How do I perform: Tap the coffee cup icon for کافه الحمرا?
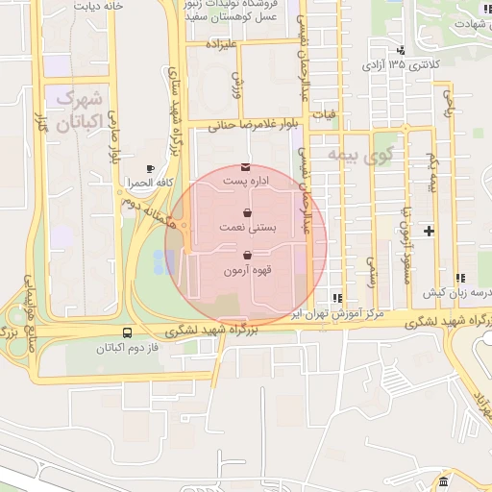point(149,168)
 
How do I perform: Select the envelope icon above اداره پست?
point(246,167)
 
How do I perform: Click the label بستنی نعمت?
point(248,228)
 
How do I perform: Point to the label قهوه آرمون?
point(249,271)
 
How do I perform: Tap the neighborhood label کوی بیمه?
point(359,153)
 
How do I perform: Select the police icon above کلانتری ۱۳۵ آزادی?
point(401,50)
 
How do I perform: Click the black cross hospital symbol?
point(429,230)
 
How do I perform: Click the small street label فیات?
point(330,114)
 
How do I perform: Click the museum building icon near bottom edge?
point(443,481)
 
